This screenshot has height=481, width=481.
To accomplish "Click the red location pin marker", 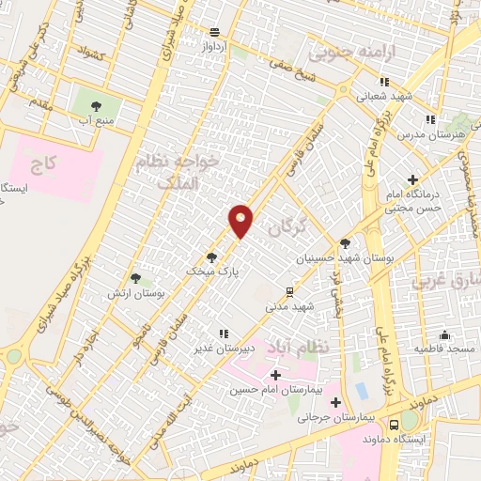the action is (x=241, y=221).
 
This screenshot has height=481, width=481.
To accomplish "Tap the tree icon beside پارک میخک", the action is (x=211, y=256).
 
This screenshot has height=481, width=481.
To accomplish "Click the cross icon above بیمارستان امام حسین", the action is (x=275, y=375).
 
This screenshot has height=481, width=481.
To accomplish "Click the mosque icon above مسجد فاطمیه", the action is (x=443, y=335).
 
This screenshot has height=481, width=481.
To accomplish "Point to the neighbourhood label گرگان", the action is (x=287, y=225).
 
